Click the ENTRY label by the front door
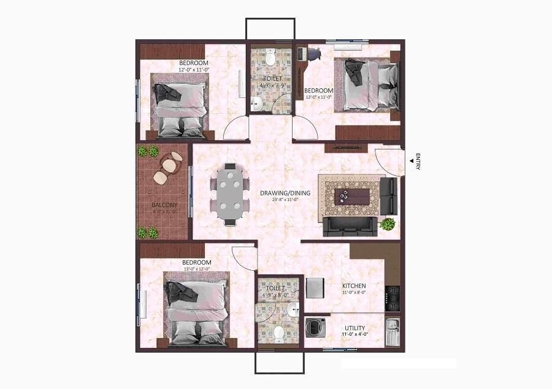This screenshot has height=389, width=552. (x=418, y=161)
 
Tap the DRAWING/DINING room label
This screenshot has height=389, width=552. (x=285, y=193)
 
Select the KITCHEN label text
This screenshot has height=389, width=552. (x=354, y=286)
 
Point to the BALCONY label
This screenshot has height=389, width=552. (x=165, y=205)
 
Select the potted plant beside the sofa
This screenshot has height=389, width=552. (x=388, y=224)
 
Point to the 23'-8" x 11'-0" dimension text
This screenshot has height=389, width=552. (x=285, y=200)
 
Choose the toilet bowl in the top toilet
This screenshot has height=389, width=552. (x=270, y=58)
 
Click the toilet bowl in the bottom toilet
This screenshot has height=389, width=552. (x=280, y=334)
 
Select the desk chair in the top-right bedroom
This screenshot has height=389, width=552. (x=313, y=53)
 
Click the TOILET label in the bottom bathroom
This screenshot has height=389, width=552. (x=275, y=287)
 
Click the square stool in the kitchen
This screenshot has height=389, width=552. (x=315, y=287)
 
